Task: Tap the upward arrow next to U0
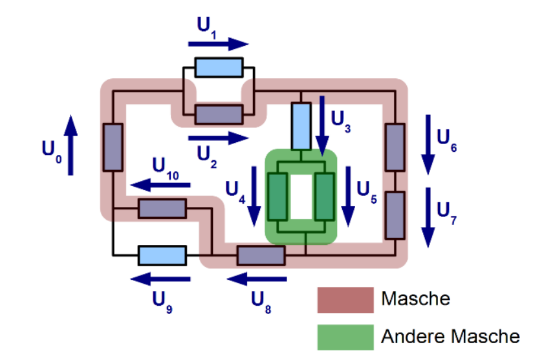point(71,145)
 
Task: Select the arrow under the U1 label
point(218,44)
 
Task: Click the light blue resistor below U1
point(219,67)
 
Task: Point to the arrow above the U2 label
point(218,138)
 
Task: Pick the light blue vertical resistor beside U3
point(301,125)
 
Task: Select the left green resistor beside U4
point(277,197)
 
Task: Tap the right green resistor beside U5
point(323,197)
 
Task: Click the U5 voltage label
point(367,189)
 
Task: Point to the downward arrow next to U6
point(428,144)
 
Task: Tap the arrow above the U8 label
point(257,279)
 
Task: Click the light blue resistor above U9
point(162,255)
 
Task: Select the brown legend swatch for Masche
point(345,300)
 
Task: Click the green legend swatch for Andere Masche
point(345,337)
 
